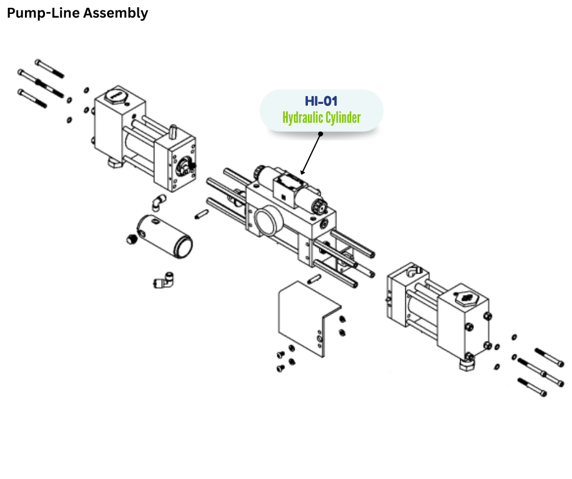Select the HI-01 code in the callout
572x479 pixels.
(321, 101)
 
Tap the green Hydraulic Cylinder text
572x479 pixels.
(321, 118)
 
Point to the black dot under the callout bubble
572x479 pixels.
(321, 134)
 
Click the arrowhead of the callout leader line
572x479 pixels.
(302, 173)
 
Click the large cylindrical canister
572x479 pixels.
(165, 236)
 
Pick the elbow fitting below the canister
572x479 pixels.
(164, 280)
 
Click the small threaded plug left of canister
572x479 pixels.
(131, 239)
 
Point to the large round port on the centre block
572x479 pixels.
(268, 221)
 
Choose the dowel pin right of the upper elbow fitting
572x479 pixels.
(202, 214)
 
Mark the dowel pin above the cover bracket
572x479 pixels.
(314, 279)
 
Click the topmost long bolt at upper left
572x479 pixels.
(49, 69)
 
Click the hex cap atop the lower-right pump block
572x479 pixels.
(466, 298)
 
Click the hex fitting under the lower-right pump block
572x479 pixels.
(467, 363)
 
